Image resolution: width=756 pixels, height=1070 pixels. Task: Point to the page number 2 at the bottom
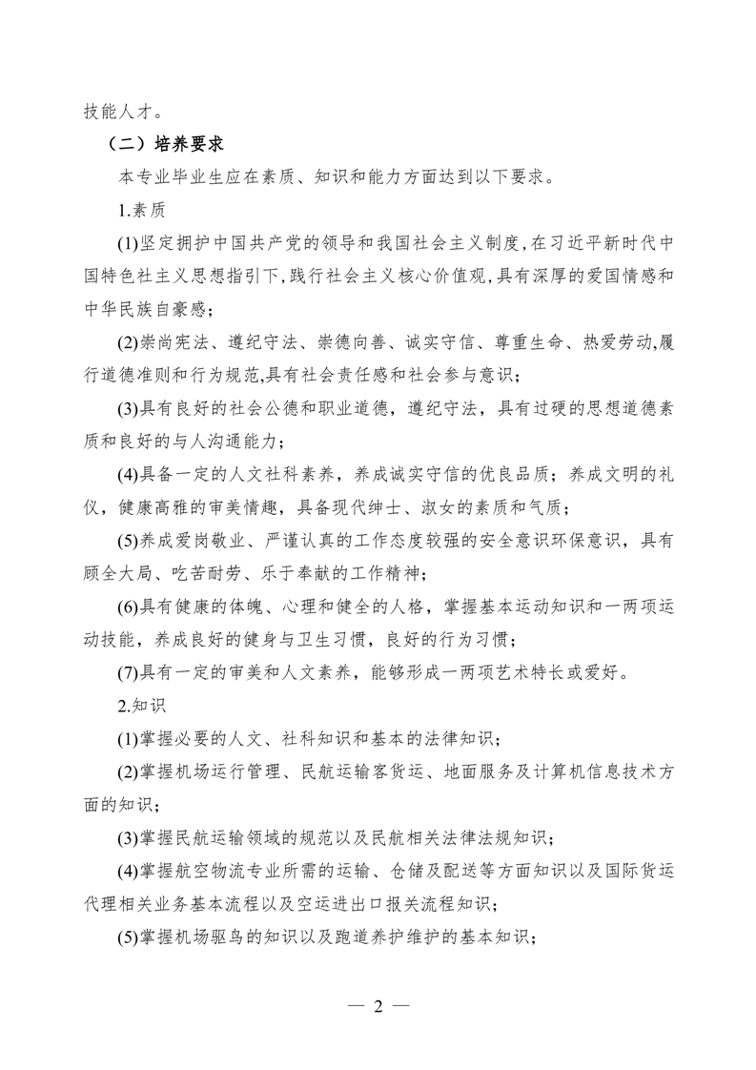[378, 1006]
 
